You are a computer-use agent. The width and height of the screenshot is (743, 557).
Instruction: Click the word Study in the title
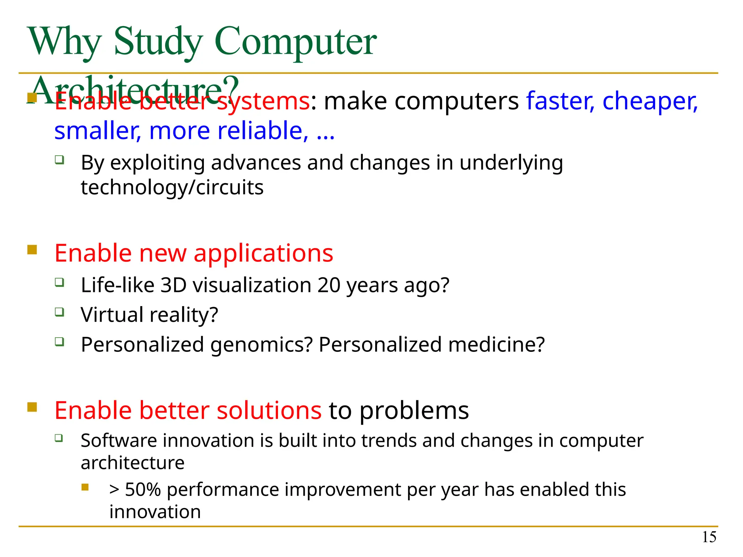tap(157, 42)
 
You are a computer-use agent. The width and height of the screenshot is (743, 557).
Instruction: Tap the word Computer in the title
tap(295, 42)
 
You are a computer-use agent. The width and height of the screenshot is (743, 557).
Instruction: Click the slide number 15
tap(709, 537)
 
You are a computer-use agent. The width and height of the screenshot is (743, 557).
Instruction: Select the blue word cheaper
tap(649, 101)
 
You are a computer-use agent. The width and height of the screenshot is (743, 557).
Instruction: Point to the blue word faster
tap(560, 101)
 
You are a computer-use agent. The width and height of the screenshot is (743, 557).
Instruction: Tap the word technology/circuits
tap(172, 187)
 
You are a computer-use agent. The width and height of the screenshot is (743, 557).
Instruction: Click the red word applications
tap(263, 253)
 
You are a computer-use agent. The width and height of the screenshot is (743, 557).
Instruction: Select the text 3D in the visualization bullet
tap(173, 285)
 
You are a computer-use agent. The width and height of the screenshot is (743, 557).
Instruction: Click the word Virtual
tap(112, 314)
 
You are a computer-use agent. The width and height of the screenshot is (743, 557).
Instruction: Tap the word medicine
tap(496, 344)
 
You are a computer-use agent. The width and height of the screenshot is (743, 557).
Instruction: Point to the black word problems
tap(414, 411)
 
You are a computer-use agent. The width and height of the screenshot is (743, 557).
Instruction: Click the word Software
tap(119, 441)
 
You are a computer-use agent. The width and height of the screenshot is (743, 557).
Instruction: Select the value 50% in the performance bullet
tap(143, 490)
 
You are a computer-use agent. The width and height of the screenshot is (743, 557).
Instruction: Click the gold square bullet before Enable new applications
tap(32, 250)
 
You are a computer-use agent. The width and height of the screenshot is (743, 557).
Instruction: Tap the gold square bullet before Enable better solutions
tap(32, 407)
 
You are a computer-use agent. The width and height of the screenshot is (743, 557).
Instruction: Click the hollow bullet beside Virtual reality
tap(59, 312)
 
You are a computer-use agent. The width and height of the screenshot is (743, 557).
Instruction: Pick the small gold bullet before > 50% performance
tap(85, 487)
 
